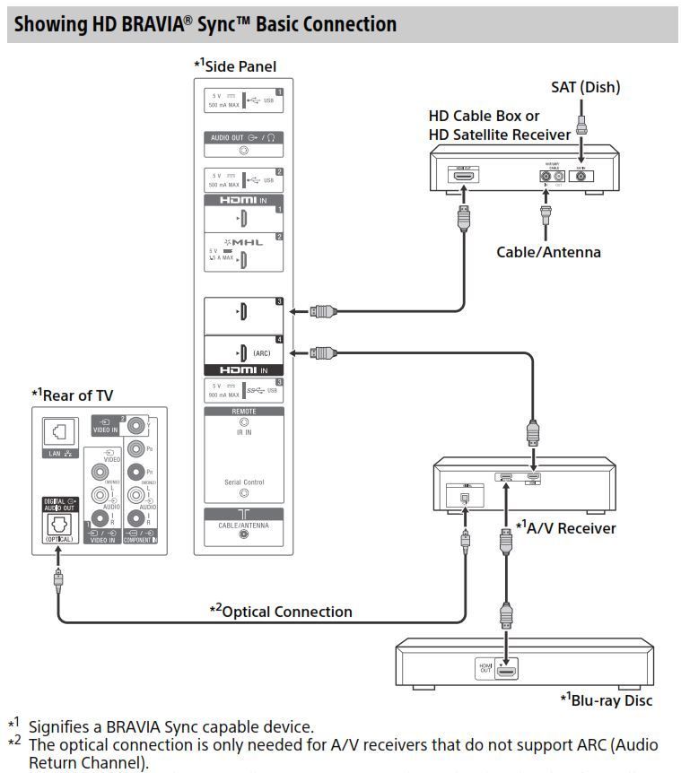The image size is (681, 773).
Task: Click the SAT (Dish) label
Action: click(585, 87)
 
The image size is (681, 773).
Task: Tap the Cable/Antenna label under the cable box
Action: click(548, 252)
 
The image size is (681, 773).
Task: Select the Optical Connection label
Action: click(281, 612)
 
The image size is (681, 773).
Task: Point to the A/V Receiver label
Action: click(565, 527)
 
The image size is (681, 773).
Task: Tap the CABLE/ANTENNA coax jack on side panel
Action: click(243, 533)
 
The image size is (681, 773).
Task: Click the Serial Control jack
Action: click(243, 493)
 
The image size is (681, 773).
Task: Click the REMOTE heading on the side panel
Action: click(243, 412)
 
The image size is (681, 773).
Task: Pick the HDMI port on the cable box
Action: click(464, 177)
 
